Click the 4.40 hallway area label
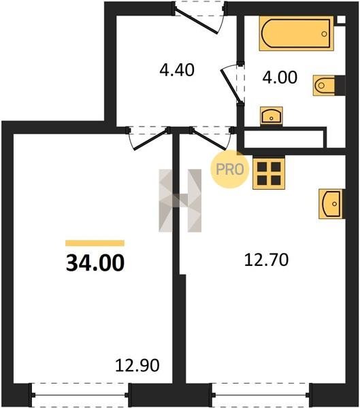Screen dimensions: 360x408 click(x=177, y=70)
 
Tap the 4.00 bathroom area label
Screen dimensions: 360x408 click(x=280, y=78)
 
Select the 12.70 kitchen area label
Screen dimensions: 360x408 click(x=266, y=260)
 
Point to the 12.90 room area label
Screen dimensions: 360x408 click(x=137, y=365)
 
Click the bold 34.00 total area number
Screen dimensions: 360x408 click(x=95, y=263)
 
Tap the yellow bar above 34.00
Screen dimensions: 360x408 click(x=95, y=243)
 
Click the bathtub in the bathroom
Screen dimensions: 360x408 click(x=297, y=33)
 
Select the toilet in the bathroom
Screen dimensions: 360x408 click(x=329, y=86)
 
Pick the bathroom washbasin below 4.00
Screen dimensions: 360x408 click(x=272, y=116)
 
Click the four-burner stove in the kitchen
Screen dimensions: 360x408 click(x=269, y=173)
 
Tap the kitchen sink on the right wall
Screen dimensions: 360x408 click(x=332, y=204)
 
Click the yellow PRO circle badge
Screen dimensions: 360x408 click(x=229, y=169)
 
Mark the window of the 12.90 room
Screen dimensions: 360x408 click(x=80, y=394)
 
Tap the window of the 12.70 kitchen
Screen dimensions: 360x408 click(x=261, y=394)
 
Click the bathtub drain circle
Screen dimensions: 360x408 click(x=324, y=34)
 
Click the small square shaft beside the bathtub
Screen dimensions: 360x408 click(x=341, y=20)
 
